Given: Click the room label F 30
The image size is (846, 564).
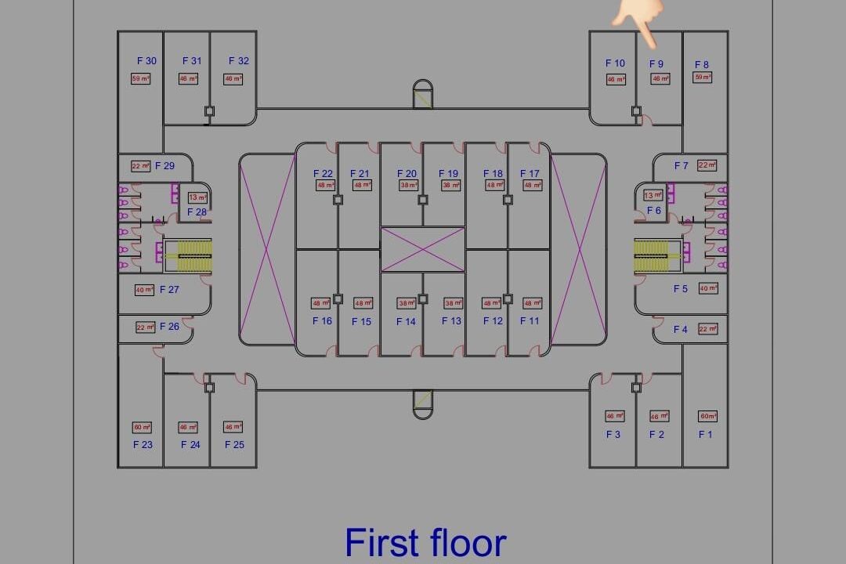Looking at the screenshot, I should pos(146,61).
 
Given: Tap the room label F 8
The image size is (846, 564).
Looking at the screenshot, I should pos(702,65).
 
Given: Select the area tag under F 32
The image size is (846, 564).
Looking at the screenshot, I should pos(233,79).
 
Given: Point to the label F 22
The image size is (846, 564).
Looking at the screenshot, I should pos(323,174).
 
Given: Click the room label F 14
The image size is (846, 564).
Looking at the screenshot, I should pos(406,322).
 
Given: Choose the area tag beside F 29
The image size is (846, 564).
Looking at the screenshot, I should pos(141,166).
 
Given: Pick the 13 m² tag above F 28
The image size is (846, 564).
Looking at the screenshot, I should pos(197,197).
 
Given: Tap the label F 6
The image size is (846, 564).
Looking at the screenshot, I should pos(654,211).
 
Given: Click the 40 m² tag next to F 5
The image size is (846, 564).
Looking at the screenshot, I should pos(708,288).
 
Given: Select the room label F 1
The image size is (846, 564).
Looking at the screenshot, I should pos(706,435).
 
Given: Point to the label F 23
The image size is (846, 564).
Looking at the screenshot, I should pos(143,445).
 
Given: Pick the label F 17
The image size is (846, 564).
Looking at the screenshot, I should pos(530,174).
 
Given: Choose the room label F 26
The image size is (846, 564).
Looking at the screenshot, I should pos(169,327).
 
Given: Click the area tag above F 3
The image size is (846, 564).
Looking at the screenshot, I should pos(615,416).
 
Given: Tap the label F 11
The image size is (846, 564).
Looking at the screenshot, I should pos(530,321).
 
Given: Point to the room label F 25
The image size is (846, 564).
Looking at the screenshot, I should pos(234,445).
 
